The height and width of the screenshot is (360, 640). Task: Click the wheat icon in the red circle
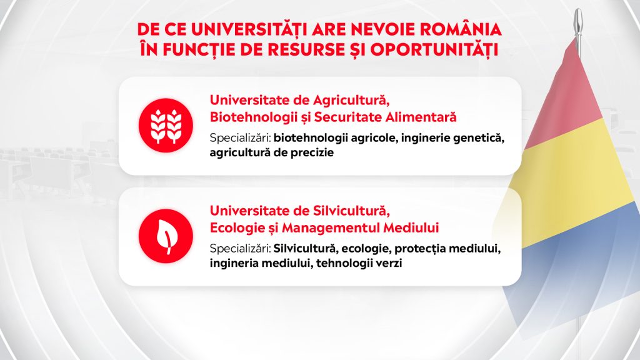click(x=166, y=125)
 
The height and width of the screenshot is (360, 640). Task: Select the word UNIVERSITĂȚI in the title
click(x=249, y=30)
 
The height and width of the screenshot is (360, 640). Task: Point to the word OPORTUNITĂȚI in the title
click(x=434, y=50)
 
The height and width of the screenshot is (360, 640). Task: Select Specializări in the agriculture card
click(x=241, y=138)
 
